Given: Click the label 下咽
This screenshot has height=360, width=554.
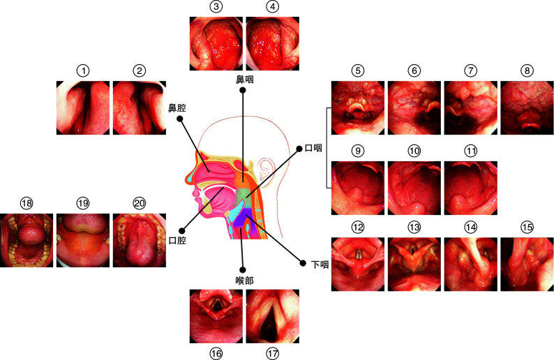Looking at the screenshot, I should (x=310, y=264).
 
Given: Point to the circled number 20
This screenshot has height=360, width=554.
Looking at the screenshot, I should (x=140, y=202).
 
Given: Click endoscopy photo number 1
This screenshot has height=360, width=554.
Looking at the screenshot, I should (x=84, y=107).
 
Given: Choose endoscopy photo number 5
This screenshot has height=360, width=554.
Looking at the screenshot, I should (x=357, y=107).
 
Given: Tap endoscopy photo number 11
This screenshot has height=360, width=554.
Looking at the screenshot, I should (x=470, y=186).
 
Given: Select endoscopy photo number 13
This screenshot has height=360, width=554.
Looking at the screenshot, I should (x=414, y=264).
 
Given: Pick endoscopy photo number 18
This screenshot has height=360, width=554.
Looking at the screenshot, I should (x=27, y=240).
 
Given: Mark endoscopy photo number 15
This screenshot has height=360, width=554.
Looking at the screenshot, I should (x=527, y=264).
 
